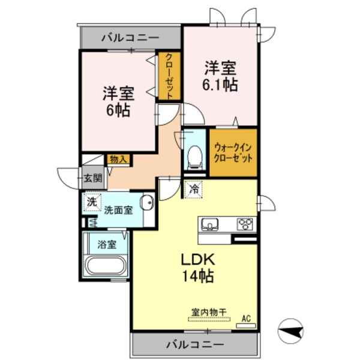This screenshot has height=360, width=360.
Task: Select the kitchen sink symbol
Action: (211, 225)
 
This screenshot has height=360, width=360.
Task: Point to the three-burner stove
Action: (245, 224)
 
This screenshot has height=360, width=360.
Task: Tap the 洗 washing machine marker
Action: (92, 203)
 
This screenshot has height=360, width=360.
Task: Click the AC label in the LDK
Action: (245, 319)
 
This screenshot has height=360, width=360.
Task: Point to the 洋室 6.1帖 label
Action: (221, 76)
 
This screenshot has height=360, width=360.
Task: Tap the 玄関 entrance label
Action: (92, 178)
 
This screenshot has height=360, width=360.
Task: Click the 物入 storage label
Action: (118, 159)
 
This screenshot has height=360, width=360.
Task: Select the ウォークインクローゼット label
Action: (233, 153)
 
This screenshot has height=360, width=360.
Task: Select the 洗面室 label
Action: (118, 210)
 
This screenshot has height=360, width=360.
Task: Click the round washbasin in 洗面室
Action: (147, 203)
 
